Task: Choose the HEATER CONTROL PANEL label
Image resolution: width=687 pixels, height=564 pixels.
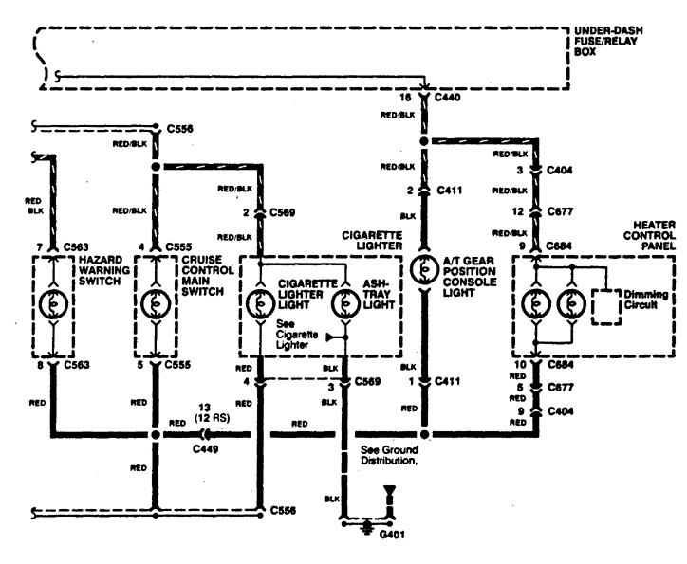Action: pyautogui.click(x=644, y=229)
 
